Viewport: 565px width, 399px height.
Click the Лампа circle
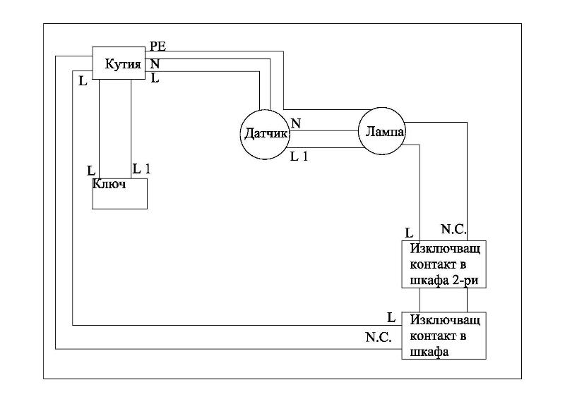point(381,131)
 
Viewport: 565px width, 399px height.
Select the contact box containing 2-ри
point(444,265)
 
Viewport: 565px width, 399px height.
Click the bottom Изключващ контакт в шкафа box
point(444,336)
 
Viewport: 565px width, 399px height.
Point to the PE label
point(158,47)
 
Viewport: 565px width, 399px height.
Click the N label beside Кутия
point(155,63)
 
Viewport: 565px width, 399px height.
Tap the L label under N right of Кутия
point(155,78)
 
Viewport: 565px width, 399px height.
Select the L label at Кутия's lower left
point(83,80)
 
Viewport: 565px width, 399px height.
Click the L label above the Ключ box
point(90,171)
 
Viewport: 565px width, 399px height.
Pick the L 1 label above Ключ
point(142,169)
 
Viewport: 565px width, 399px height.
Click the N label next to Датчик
point(296,123)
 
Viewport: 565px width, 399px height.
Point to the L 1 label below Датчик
point(299,156)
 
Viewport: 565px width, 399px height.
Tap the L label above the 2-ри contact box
point(409,233)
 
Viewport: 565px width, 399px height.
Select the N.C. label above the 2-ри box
point(453,229)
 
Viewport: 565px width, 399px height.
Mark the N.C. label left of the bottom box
point(378,338)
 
